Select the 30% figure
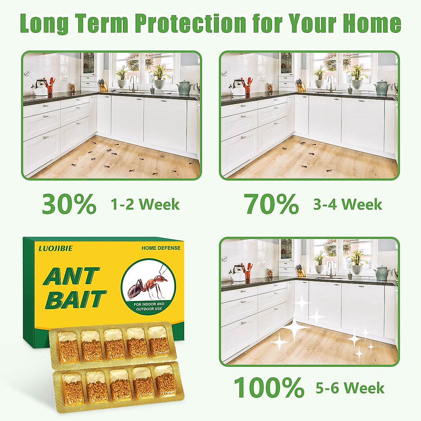click(69, 204)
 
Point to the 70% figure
click(272, 204)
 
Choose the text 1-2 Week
click(145, 205)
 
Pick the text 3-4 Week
click(348, 205)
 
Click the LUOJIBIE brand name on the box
click(56, 248)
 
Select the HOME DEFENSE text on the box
click(161, 248)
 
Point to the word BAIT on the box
click(76, 300)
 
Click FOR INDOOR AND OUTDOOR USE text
click(149, 306)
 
